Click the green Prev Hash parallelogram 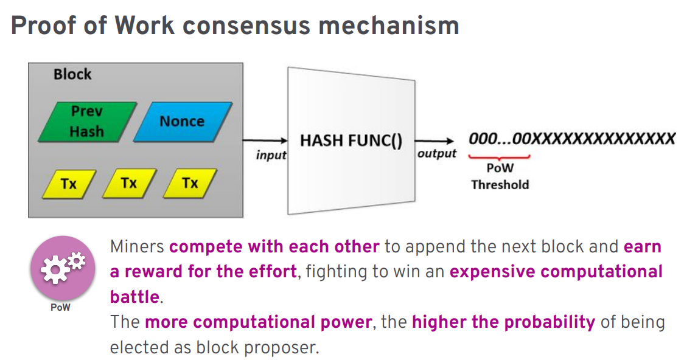pyautogui.click(x=87, y=122)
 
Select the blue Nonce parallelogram pyautogui.click(x=182, y=121)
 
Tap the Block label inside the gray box pyautogui.click(x=72, y=74)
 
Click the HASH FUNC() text pyautogui.click(x=351, y=141)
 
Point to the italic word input pyautogui.click(x=271, y=155)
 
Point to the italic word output pyautogui.click(x=436, y=154)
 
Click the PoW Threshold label pyautogui.click(x=500, y=176)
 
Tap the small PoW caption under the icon pyautogui.click(x=60, y=308)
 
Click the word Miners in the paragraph pyautogui.click(x=137, y=247)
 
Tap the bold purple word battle pyautogui.click(x=134, y=297)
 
